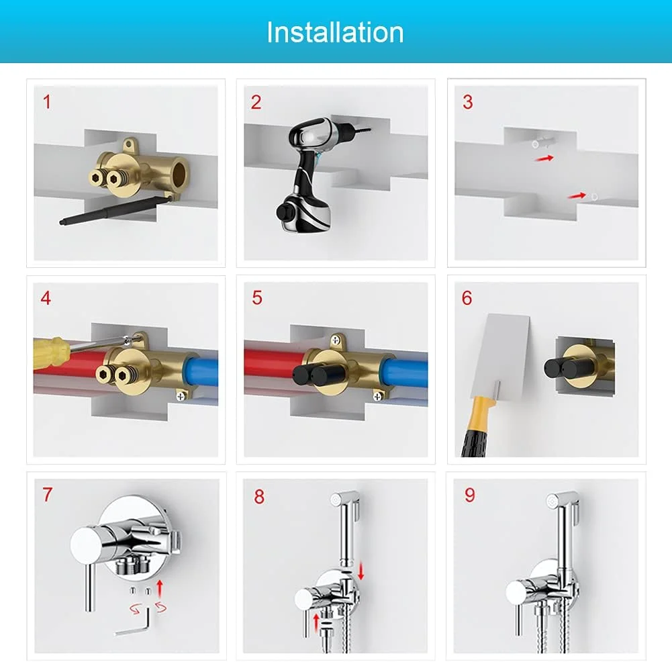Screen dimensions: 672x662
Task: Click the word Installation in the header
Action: coord(335,32)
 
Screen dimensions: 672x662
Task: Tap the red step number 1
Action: coord(47,102)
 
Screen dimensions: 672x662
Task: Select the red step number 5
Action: coord(257,298)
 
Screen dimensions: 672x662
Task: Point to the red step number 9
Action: coord(470,495)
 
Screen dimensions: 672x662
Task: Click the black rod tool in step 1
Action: coord(115,209)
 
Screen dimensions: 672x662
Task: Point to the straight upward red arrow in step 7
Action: coord(160,588)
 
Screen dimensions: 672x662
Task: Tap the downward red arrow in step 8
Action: coord(361,571)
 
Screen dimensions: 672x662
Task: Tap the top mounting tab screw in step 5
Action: coord(336,340)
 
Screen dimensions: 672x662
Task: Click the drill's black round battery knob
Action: coord(283,212)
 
